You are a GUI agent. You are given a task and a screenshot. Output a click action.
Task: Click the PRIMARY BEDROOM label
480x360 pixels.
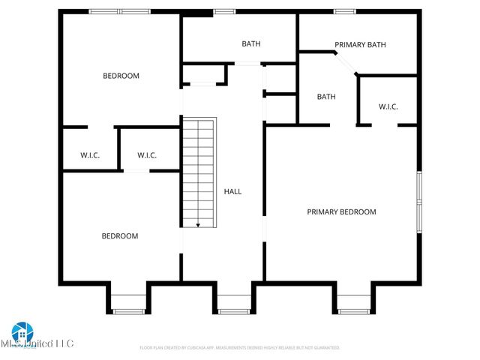point(341,212)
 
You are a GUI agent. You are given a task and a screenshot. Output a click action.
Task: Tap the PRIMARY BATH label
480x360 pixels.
point(360,45)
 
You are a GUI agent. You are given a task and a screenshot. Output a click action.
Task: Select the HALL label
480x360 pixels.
point(232,192)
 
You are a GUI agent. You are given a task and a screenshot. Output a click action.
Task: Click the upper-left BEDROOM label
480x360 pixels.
point(121,76)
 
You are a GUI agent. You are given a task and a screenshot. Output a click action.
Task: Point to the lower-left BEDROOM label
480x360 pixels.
point(120,236)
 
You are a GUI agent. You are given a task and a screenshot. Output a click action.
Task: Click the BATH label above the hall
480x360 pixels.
point(250,43)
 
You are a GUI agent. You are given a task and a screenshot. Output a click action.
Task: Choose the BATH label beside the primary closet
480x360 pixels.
point(325,97)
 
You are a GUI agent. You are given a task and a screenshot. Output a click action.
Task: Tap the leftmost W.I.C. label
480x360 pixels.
point(90,156)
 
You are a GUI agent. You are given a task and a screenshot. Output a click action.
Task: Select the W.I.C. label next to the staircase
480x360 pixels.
point(147,156)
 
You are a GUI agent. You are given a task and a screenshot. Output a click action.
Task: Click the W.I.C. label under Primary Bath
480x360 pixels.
point(388,107)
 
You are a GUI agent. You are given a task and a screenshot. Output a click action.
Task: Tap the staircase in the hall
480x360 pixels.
point(199,172)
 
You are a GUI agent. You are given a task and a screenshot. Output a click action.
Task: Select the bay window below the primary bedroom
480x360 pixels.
point(352,303)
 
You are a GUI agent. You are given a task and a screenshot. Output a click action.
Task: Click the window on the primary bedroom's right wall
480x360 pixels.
point(419,201)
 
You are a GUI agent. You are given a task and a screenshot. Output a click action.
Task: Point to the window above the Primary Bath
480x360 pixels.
point(344,11)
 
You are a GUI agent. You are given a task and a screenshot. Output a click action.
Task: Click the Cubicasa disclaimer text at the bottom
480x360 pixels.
point(240,348)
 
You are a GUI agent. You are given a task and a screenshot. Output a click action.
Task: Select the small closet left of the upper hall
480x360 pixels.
point(203,74)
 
